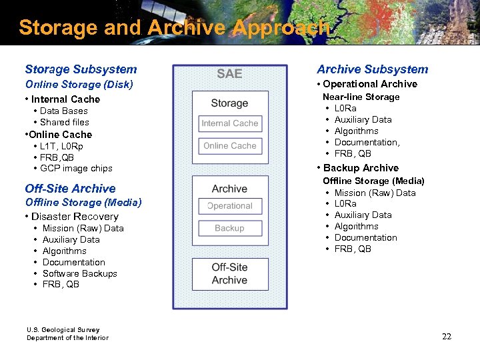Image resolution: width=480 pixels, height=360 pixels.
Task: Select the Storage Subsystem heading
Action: coord(81,69)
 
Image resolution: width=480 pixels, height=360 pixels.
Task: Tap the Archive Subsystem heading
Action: coord(372,69)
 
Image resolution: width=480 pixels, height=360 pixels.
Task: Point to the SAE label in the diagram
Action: coord(229,74)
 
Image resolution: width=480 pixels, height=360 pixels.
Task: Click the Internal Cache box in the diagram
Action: coord(229,123)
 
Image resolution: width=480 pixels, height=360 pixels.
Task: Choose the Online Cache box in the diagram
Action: coord(229,146)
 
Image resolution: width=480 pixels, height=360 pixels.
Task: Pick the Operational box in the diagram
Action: coord(229,206)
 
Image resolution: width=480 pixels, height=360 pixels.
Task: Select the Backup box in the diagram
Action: coord(229,228)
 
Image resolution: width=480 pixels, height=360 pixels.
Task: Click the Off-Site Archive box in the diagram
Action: coord(229,273)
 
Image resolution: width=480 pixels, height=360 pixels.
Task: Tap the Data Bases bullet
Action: coord(63,111)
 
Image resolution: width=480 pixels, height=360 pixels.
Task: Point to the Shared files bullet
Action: coord(64,123)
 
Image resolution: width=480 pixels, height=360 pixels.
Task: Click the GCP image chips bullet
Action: coord(76,169)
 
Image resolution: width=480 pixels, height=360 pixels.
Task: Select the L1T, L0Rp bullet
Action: coord(61,146)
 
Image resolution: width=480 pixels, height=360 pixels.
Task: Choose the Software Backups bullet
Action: coord(79,273)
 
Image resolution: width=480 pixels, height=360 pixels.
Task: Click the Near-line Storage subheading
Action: coord(361,97)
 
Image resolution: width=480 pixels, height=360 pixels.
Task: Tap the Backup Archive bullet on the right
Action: coord(361,168)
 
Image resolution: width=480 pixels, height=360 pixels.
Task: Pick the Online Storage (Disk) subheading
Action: coord(79,85)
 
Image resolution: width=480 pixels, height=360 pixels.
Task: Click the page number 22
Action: coord(447,337)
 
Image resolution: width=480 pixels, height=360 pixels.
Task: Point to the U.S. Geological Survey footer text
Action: coord(63,330)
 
